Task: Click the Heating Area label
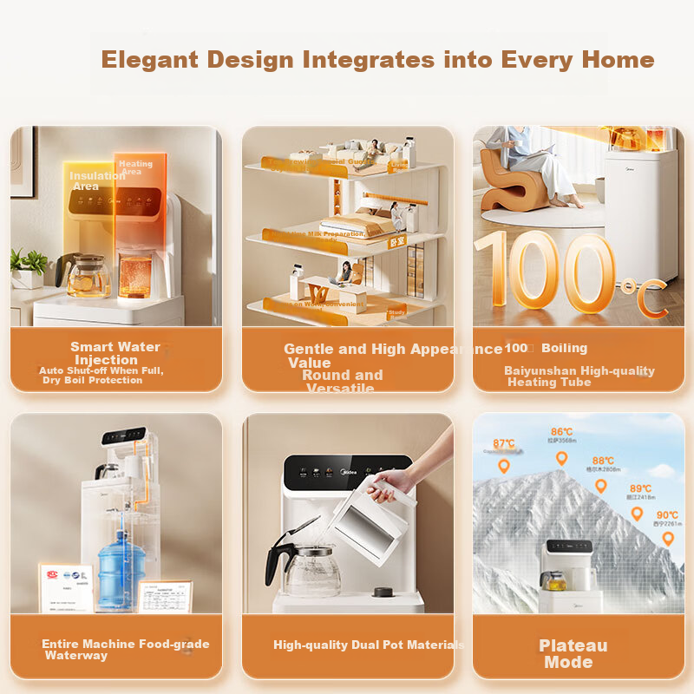coord(134,167)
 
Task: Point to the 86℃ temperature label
coord(561,432)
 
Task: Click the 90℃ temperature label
coord(667,515)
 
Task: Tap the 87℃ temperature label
coord(504,444)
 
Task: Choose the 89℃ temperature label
coord(640,489)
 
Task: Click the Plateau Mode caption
coord(573,653)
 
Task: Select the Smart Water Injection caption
coord(115,353)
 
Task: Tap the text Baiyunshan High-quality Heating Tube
coord(579,376)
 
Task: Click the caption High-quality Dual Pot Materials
coord(369,645)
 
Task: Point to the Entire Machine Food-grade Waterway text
coord(125,649)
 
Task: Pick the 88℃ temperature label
coord(603,462)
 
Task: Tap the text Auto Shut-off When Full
coord(101,370)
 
